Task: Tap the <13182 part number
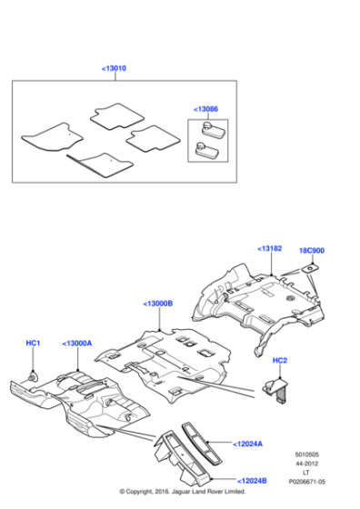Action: pyautogui.click(x=270, y=247)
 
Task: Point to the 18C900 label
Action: pyautogui.click(x=312, y=249)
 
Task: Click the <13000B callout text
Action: pyautogui.click(x=158, y=303)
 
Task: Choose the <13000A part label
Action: pyautogui.click(x=77, y=344)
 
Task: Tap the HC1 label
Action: pyautogui.click(x=33, y=343)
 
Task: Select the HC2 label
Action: pyautogui.click(x=280, y=361)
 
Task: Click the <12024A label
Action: pyautogui.click(x=248, y=444)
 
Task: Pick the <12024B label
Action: pyautogui.click(x=253, y=481)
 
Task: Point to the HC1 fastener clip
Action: pyautogui.click(x=34, y=374)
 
